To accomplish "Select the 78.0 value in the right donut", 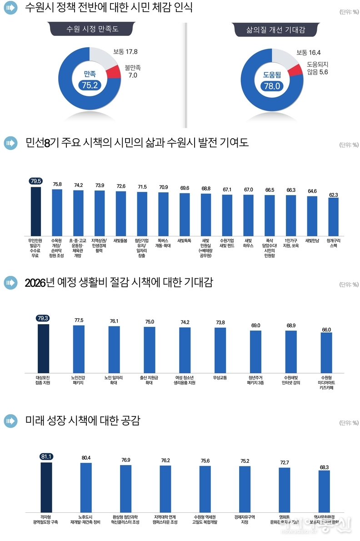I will coord(271,86).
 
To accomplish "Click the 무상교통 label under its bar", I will coord(220,377).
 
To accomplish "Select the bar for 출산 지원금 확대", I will coord(150,350).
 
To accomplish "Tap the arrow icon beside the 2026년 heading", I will coord(10,283).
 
